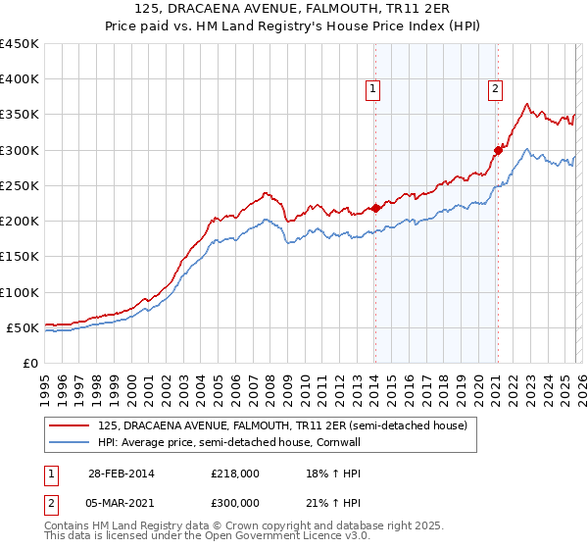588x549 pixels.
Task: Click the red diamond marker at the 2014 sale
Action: coord(375,208)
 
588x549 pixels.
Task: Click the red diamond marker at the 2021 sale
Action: coord(498,150)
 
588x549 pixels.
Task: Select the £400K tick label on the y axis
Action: coord(19,79)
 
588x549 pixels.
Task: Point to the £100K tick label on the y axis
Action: coord(19,292)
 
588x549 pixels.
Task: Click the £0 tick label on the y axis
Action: coord(29,363)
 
